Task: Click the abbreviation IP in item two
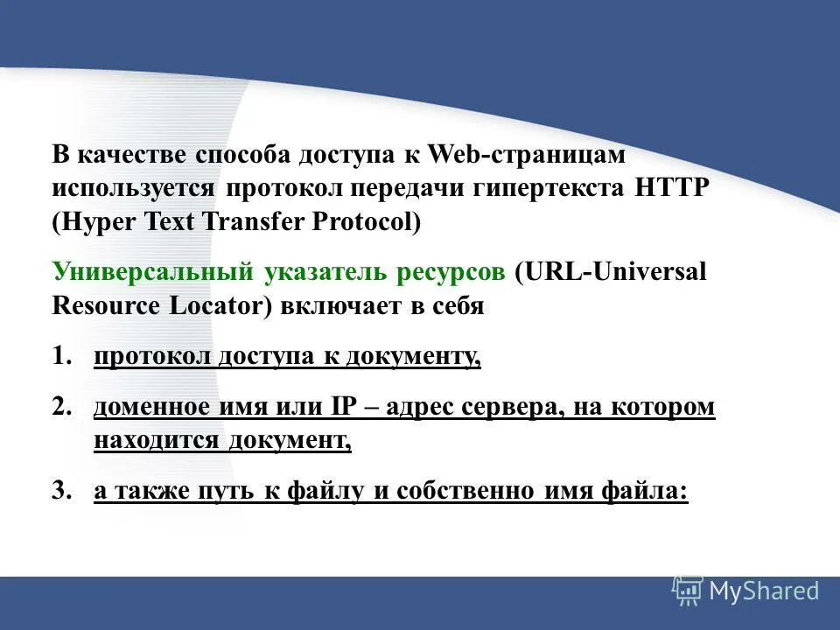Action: pos(341,408)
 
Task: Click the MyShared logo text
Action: pos(764,591)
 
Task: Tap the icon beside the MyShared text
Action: pos(688,591)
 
